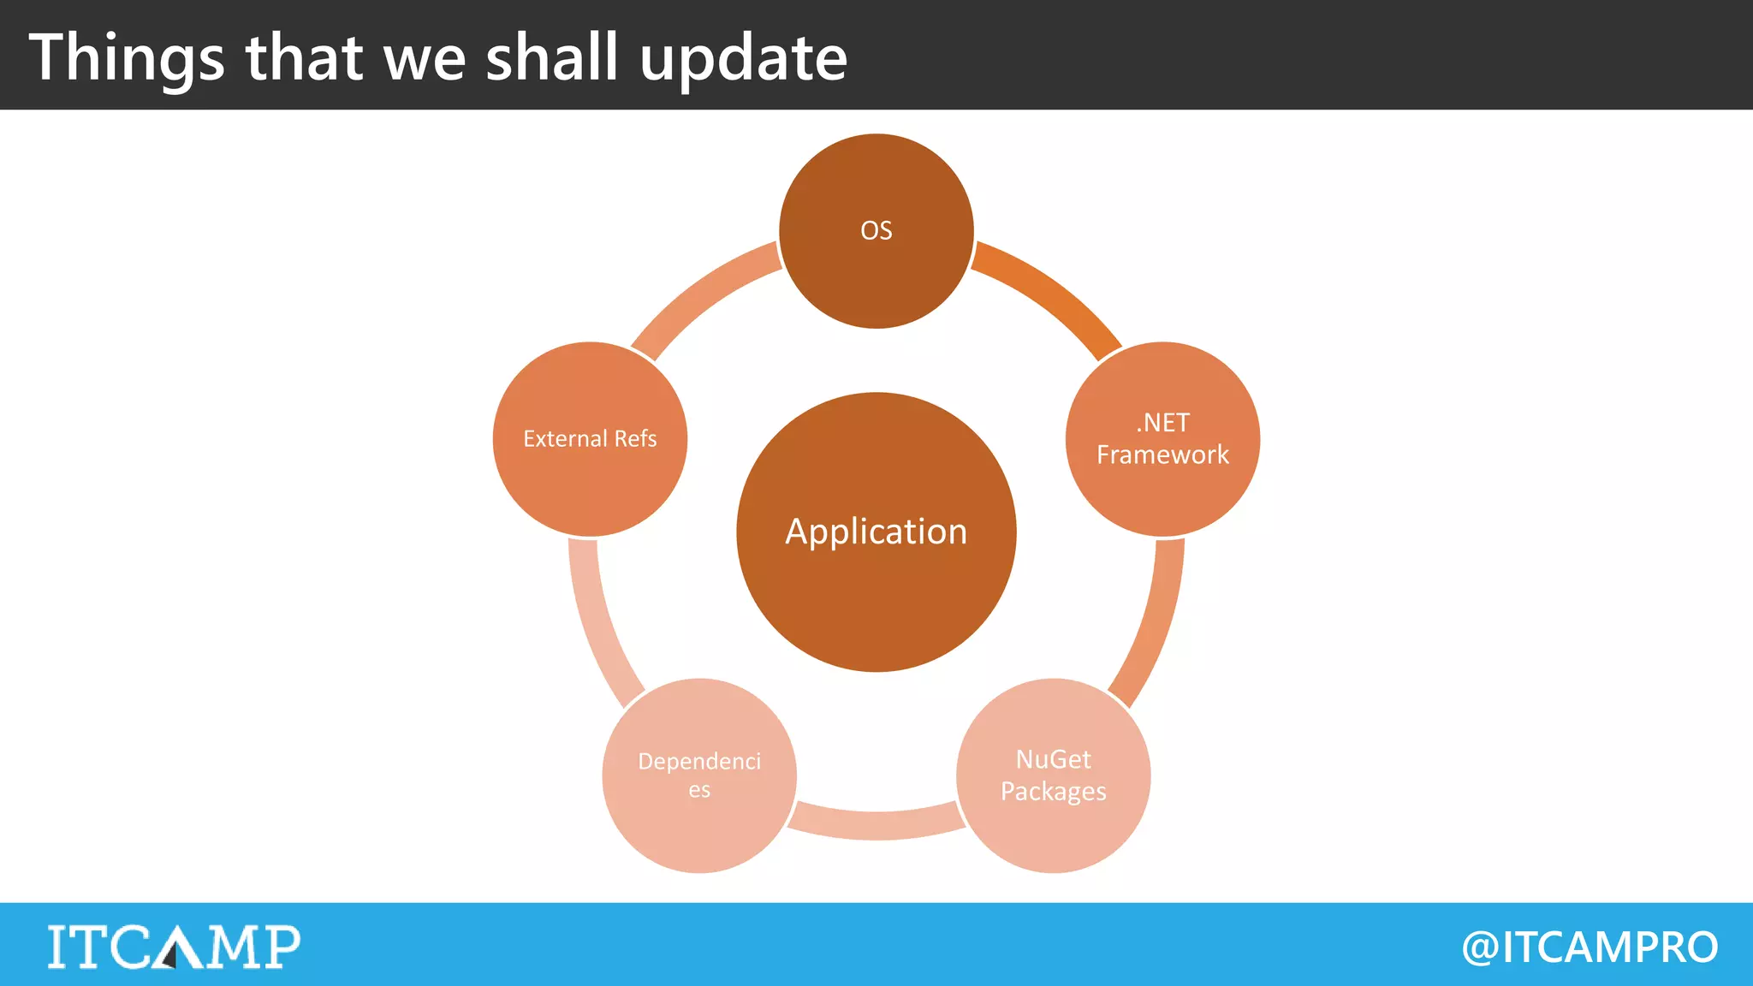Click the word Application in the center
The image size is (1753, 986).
click(876, 532)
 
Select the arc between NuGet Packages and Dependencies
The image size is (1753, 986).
click(876, 823)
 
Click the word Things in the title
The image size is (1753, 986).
click(127, 58)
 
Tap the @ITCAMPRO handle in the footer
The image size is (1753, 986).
click(1590, 947)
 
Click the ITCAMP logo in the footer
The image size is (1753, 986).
click(174, 947)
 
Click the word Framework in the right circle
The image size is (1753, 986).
click(1162, 454)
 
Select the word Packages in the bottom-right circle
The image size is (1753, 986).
click(1053, 792)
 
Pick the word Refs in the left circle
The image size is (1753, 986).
click(635, 438)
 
